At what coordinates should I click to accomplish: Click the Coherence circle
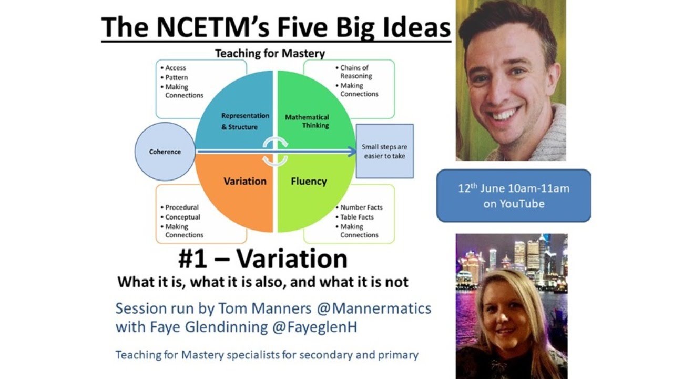165,152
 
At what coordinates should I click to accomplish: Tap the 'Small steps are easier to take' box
384,152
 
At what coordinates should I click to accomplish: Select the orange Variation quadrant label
245,181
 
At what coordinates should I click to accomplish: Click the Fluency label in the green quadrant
309,181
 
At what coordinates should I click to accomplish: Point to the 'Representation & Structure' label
245,122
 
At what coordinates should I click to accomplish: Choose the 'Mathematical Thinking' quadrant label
307,121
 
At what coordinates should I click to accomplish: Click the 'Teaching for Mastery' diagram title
270,53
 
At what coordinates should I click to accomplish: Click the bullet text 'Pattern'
177,77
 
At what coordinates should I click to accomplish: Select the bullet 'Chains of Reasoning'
355,72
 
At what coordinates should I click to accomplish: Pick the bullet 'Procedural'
182,207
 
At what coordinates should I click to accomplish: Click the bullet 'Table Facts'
356,217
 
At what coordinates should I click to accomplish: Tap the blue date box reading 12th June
513,195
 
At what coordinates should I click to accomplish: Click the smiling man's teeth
505,114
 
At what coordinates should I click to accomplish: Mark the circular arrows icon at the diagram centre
276,152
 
